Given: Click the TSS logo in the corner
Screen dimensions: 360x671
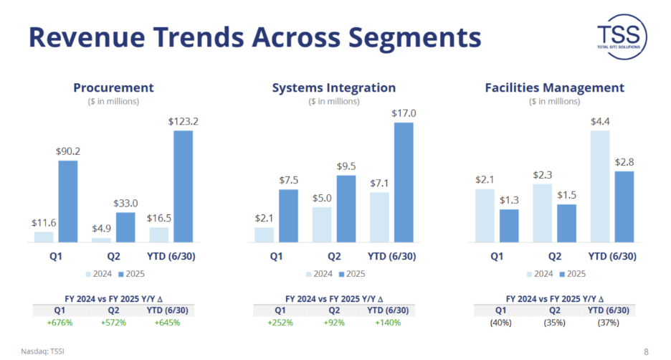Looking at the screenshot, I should (x=622, y=35).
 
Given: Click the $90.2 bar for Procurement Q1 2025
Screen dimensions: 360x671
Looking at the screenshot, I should (x=67, y=202).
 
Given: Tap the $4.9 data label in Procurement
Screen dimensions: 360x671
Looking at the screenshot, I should (x=101, y=229).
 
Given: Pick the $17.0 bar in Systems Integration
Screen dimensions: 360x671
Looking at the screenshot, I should (x=404, y=182).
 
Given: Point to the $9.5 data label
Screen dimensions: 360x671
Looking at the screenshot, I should (x=346, y=166).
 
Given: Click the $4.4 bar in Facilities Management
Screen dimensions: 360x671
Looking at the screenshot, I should (x=600, y=186).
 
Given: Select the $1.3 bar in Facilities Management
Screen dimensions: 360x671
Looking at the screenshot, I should (x=508, y=225).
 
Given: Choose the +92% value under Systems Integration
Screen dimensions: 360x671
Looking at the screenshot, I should (x=334, y=323).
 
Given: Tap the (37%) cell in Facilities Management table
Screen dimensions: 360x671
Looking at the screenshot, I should (x=609, y=323).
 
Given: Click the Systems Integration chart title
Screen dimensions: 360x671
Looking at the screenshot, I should (x=333, y=87).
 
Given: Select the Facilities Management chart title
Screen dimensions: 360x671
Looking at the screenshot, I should (x=554, y=87).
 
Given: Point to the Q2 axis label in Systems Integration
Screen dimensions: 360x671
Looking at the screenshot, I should (x=334, y=255).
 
